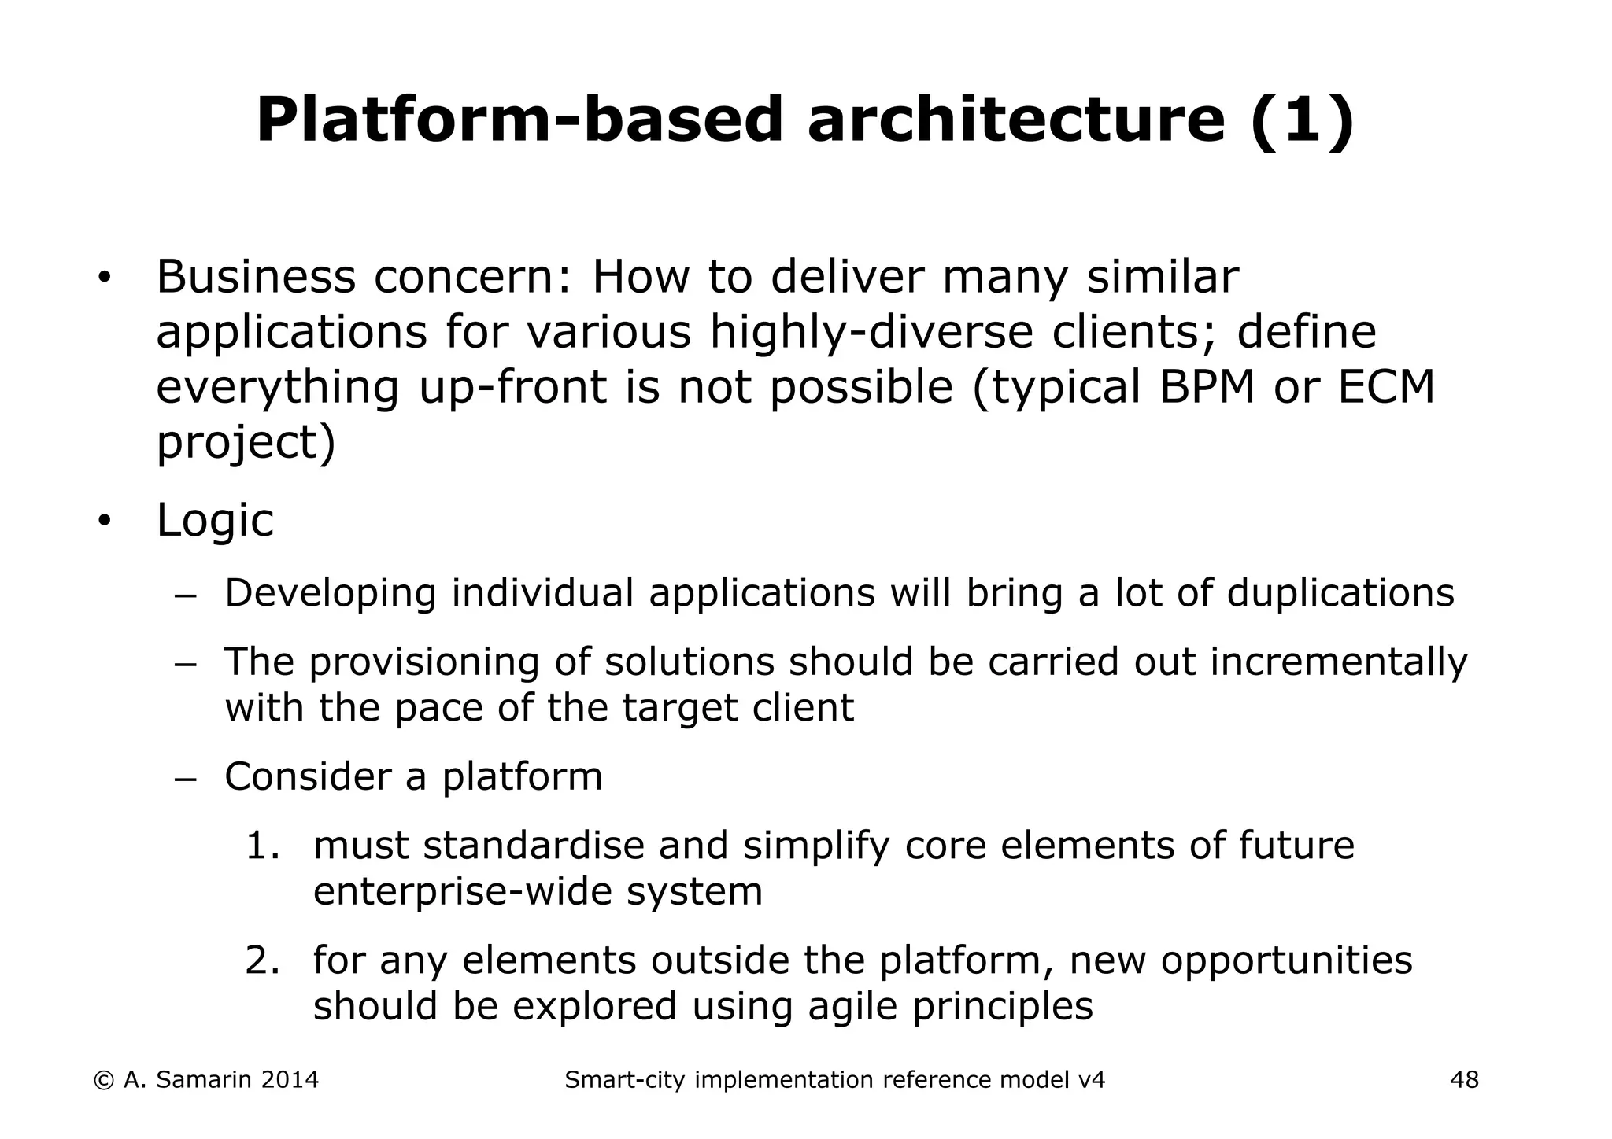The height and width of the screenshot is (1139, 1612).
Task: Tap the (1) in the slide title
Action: (x=1302, y=120)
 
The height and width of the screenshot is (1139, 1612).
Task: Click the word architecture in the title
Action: (x=1016, y=120)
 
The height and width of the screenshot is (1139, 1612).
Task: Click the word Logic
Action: (x=215, y=520)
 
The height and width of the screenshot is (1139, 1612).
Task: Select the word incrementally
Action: (x=1338, y=662)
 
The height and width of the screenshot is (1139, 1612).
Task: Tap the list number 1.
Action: (x=262, y=846)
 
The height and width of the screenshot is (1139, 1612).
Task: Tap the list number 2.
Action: (x=262, y=960)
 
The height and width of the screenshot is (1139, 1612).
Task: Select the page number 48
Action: (x=1464, y=1080)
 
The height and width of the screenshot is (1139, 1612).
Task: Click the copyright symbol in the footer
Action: (x=102, y=1080)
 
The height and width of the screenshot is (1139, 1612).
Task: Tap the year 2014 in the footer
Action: (x=289, y=1080)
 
